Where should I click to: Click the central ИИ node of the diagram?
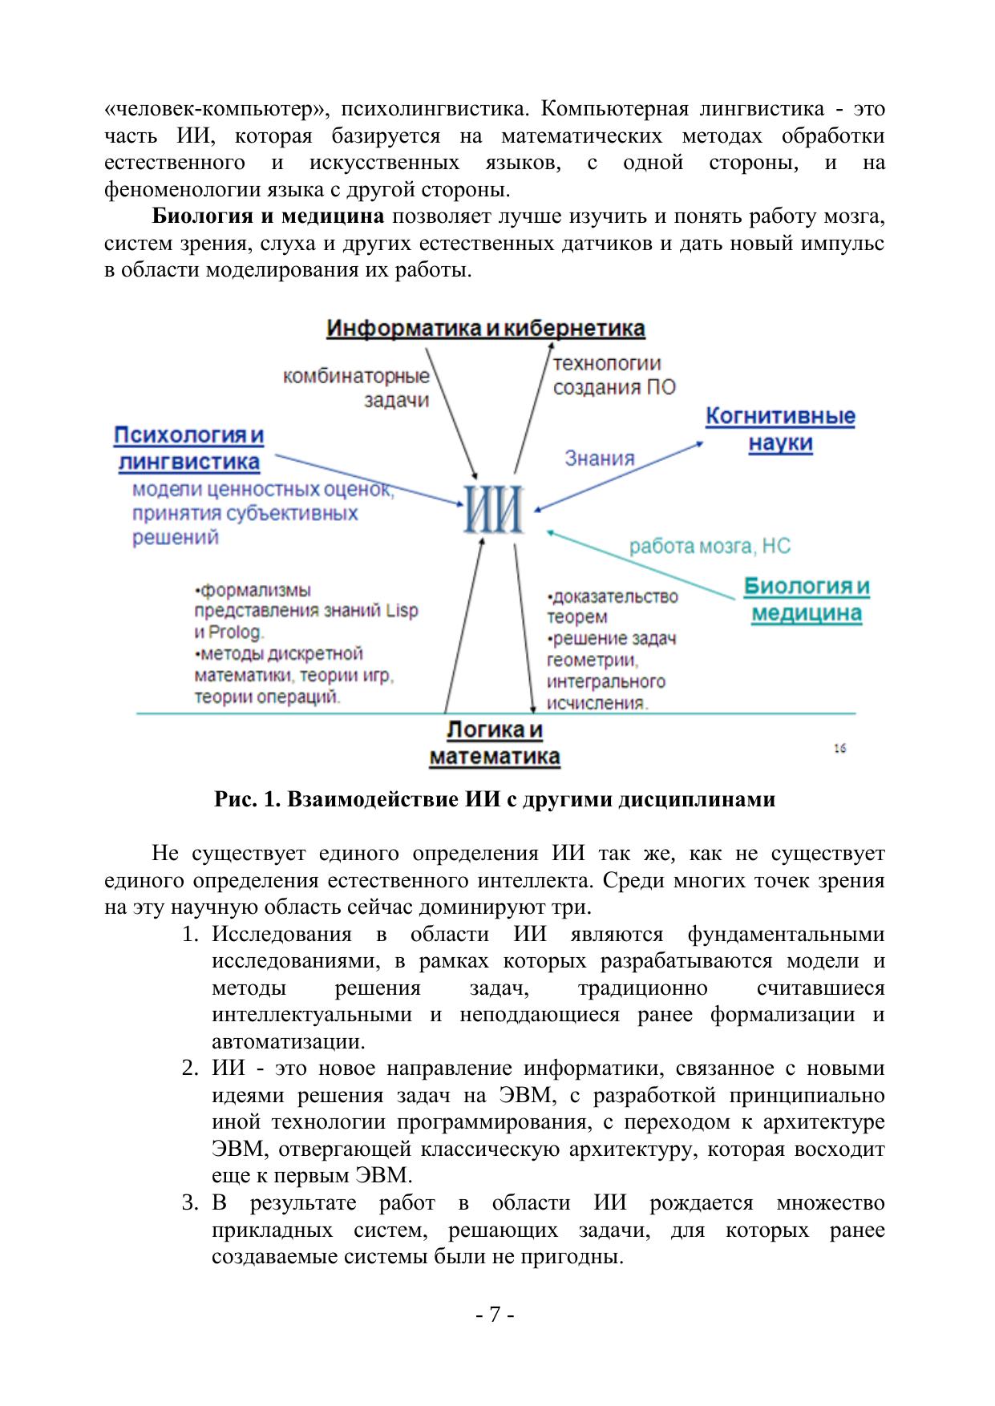click(494, 511)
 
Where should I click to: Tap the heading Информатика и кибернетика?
click(485, 329)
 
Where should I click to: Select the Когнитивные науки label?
click(780, 430)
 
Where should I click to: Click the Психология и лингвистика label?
click(189, 449)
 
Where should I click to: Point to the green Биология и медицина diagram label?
click(806, 600)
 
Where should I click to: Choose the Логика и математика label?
click(495, 744)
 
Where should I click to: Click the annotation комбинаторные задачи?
click(357, 387)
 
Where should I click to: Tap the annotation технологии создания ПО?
click(614, 376)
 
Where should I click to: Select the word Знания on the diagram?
click(599, 459)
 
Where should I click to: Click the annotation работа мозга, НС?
click(710, 546)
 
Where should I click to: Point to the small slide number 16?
click(839, 749)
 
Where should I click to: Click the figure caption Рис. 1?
click(495, 799)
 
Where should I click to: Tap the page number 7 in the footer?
click(495, 1315)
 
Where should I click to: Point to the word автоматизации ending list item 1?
click(288, 1042)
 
